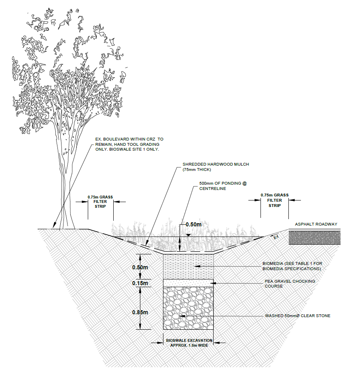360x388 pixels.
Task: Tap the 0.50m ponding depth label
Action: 193,224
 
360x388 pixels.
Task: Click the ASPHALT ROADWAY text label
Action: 316,224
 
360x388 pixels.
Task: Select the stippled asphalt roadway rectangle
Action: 314,238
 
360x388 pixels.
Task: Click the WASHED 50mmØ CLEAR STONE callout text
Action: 297,316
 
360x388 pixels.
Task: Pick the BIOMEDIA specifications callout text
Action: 292,266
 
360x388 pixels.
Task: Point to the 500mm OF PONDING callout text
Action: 223,185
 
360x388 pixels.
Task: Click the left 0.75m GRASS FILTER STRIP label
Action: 100,201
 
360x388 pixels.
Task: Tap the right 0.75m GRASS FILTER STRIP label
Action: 275,200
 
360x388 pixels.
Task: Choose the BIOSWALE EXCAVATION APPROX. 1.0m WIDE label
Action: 188,343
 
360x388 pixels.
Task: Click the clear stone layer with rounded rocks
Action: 188,308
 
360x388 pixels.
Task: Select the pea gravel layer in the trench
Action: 188,283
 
